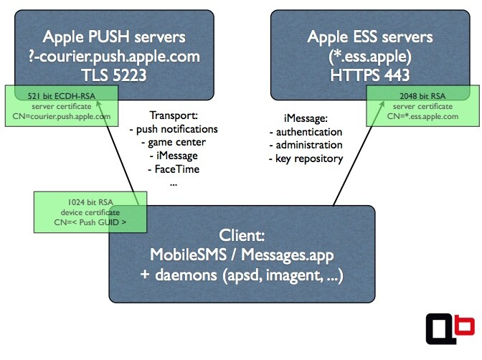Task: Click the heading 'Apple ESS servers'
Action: [x=371, y=37]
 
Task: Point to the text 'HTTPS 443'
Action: [x=371, y=74]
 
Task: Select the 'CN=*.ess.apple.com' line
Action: [x=422, y=115]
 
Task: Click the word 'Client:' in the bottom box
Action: [x=242, y=235]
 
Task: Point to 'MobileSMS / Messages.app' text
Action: [x=242, y=255]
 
